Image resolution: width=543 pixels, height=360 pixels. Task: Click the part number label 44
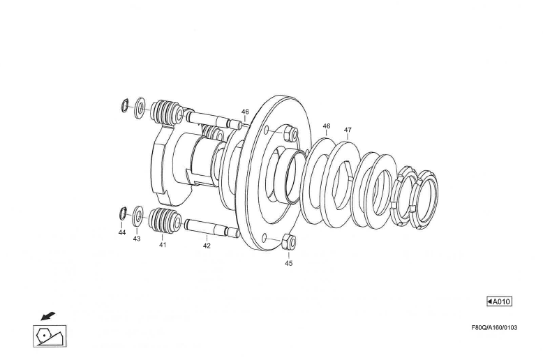122,233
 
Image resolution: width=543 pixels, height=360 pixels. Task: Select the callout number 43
137,239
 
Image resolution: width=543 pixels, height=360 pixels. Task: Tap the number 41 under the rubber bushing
163,245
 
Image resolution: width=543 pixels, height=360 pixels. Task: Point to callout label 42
207,246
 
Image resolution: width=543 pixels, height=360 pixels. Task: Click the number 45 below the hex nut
288,263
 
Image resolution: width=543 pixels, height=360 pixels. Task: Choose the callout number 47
348,130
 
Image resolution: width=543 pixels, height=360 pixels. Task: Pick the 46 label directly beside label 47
327,126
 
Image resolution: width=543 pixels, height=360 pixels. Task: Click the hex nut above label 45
288,243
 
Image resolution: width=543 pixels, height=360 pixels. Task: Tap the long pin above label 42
209,227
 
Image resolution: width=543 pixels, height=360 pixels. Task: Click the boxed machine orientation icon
50,336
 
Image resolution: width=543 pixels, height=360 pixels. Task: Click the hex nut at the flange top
289,133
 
